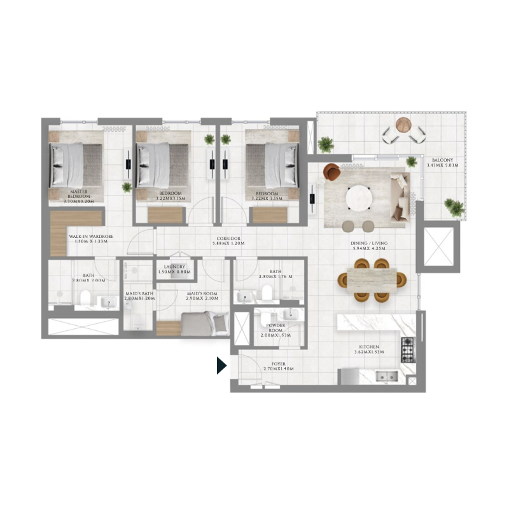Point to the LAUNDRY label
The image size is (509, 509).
tap(174, 267)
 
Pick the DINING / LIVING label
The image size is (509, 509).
tap(369, 243)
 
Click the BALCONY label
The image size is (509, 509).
tap(442, 161)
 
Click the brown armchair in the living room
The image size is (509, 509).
tap(332, 172)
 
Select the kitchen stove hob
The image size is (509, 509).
tap(407, 347)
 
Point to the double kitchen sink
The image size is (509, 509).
tap(384, 376)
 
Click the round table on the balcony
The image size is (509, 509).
tap(403, 125)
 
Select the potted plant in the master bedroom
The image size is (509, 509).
tap(127, 187)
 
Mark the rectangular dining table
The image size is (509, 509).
tap(372, 279)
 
